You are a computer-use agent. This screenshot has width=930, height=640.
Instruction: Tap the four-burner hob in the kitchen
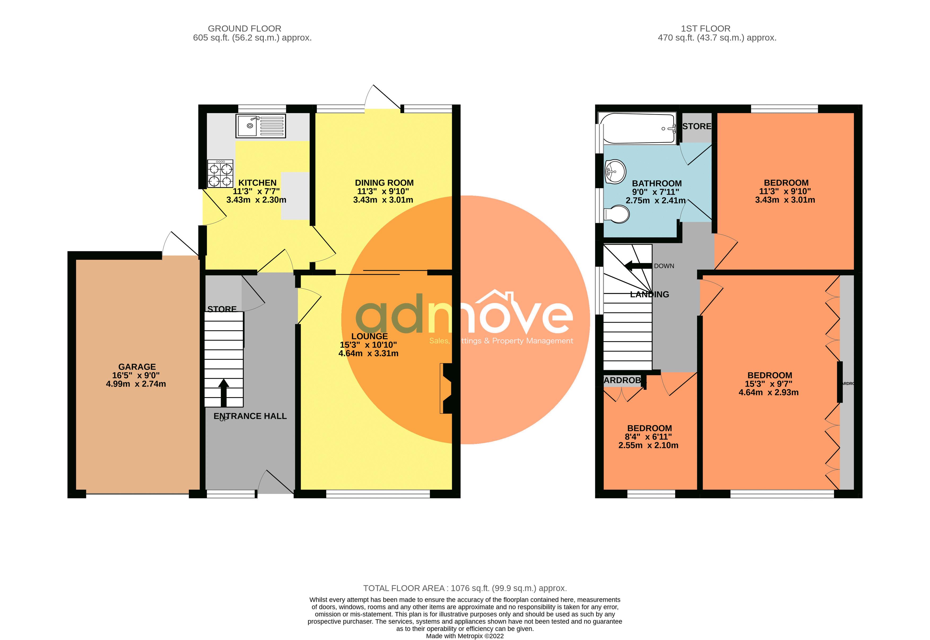[x=220, y=174]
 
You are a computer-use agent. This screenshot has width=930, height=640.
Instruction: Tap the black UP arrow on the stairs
[x=223, y=393]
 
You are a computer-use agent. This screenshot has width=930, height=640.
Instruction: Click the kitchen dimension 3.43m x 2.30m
[x=256, y=200]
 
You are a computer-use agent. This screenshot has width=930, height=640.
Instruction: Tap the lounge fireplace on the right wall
[x=446, y=388]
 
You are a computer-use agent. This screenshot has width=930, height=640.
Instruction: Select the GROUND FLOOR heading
[x=244, y=28]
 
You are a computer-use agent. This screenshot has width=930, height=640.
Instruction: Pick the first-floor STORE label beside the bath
[x=697, y=126]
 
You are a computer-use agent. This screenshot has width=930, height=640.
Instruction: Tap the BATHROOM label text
[x=657, y=183]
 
